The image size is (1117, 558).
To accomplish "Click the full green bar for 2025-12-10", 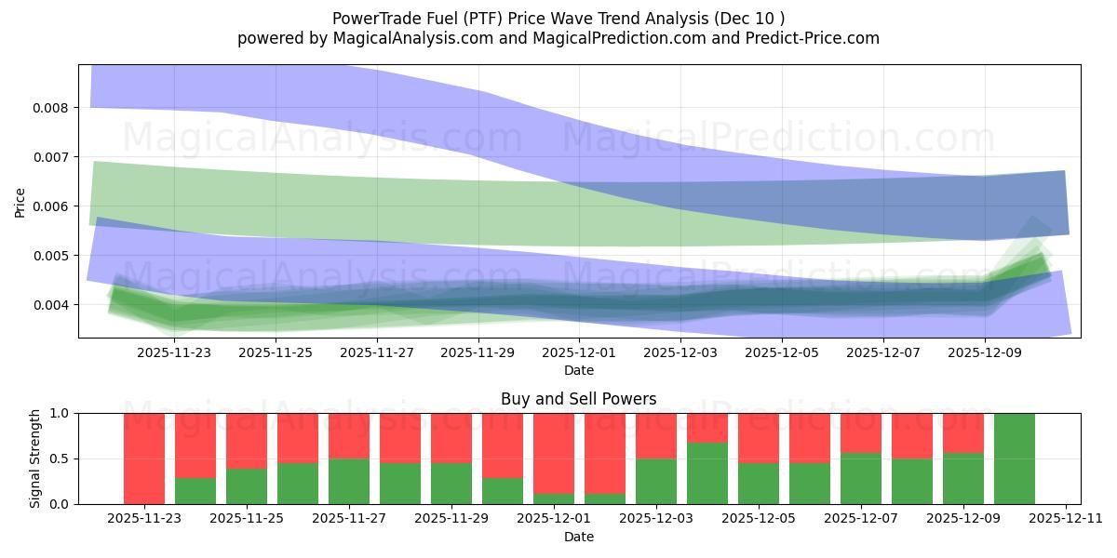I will click(1014, 458).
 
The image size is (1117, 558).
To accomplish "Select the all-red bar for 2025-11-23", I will click(144, 458).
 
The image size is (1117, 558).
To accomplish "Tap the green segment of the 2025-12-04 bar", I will click(707, 473).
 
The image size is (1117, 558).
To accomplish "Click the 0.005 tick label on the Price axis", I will click(52, 256).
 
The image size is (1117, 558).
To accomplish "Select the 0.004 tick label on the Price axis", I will click(52, 305).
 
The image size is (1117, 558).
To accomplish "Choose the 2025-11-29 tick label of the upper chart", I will click(478, 353).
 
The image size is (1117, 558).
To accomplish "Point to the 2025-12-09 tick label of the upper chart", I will click(985, 353).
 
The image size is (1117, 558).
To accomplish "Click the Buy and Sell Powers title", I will click(578, 399).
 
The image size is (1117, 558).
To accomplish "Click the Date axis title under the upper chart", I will click(578, 370).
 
